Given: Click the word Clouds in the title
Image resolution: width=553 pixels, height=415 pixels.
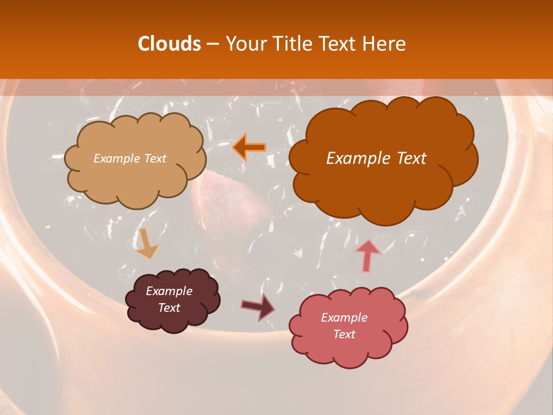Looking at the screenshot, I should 169,44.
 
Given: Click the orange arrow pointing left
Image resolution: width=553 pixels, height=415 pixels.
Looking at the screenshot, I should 249,147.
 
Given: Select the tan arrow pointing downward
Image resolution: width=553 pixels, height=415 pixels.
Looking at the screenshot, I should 147,243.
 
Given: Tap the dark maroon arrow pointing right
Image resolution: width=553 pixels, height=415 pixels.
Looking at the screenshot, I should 258,306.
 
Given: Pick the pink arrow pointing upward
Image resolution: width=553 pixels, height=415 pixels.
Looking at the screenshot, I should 368,255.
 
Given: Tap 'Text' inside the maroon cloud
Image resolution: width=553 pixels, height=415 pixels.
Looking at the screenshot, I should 169,308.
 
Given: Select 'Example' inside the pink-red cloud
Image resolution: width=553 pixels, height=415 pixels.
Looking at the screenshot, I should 344,318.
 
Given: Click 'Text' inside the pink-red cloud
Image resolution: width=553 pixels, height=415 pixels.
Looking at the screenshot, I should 344,334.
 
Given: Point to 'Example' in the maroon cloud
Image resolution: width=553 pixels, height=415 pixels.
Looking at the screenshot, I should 169,291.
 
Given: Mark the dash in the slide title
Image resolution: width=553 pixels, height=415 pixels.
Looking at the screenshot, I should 212,44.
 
